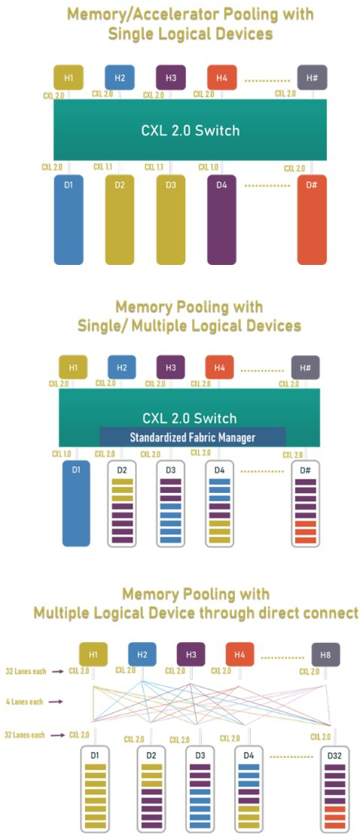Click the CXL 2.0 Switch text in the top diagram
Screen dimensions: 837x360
190,130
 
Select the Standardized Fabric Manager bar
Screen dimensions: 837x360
192,437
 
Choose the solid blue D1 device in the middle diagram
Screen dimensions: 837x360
76,503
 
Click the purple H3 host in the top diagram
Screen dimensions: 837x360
170,78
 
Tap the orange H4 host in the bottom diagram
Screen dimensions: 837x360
239,655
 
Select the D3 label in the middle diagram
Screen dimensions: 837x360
171,470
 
